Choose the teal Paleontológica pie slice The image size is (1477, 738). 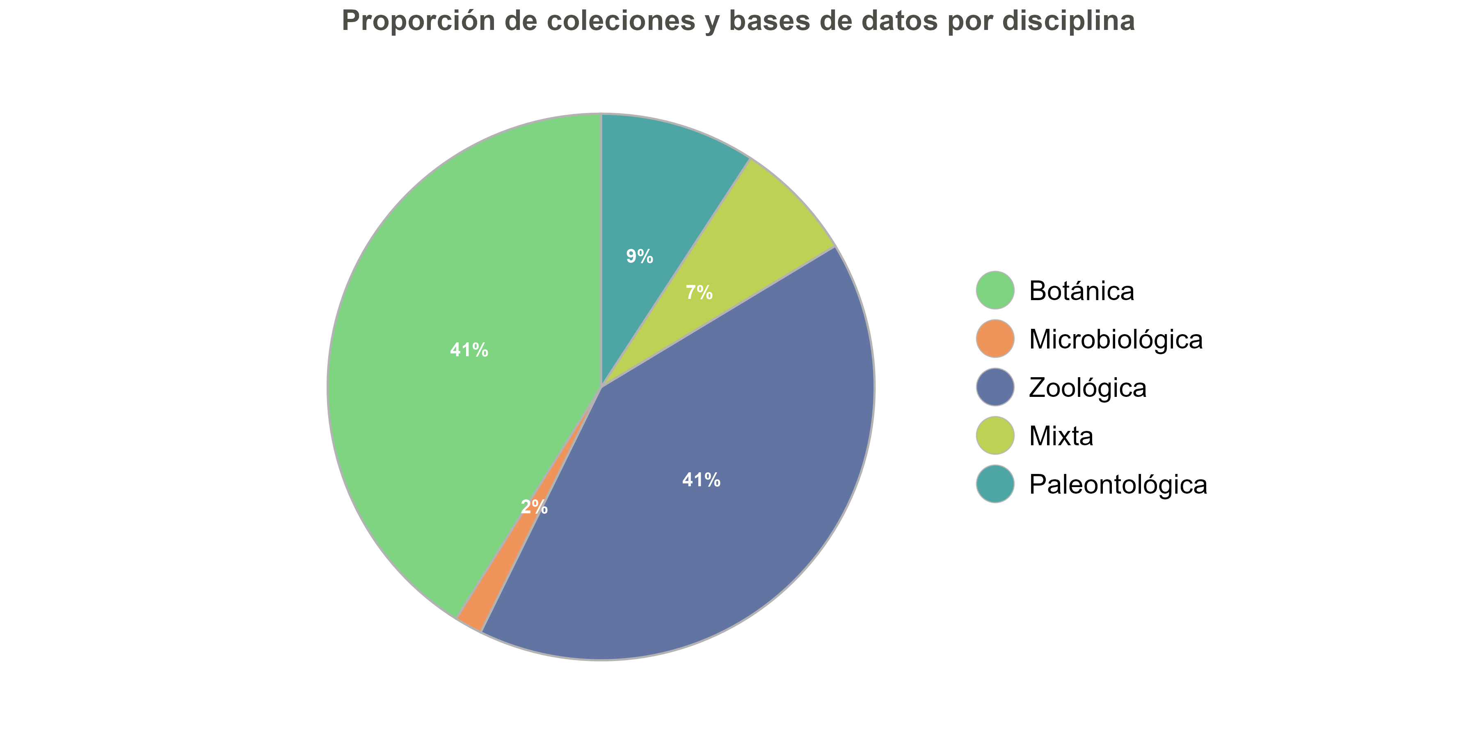pos(659,183)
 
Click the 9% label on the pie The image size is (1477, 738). pos(639,257)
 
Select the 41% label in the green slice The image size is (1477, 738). pos(469,350)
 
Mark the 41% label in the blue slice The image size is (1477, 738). pos(701,480)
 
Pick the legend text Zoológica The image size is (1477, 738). pos(1088,388)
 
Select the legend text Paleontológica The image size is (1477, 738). pos(1118,485)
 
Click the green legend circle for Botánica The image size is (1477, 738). pos(995,291)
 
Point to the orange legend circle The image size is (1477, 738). pos(995,339)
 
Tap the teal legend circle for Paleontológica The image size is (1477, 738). pos(995,484)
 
